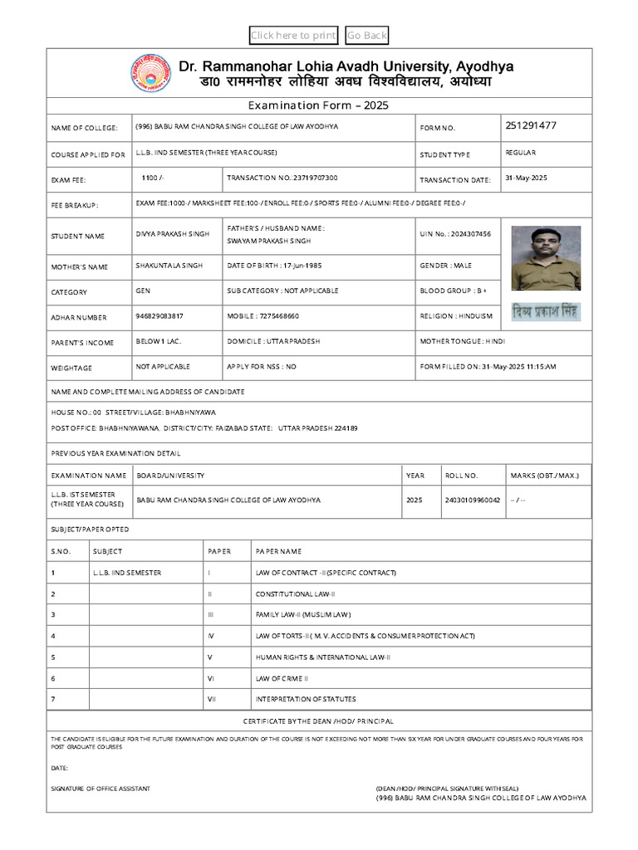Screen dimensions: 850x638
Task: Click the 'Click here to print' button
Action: tap(293, 35)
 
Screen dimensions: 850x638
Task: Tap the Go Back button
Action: tap(367, 35)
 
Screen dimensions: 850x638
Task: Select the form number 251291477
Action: tap(530, 126)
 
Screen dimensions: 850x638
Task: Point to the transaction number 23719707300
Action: tap(282, 178)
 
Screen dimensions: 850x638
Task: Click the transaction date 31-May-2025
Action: tap(526, 178)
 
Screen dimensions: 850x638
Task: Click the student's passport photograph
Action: tap(546, 257)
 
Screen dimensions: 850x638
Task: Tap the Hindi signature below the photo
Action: tap(546, 312)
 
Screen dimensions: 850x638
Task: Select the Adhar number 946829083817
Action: tap(159, 316)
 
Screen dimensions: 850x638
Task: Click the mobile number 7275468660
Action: tap(263, 316)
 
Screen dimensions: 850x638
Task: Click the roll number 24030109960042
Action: tap(473, 501)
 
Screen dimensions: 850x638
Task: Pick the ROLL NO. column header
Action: tap(462, 476)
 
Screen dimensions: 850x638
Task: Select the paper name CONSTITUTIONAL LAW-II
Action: tap(295, 594)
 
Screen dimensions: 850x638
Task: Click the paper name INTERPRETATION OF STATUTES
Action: tap(306, 699)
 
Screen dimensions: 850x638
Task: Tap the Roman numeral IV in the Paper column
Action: tap(211, 636)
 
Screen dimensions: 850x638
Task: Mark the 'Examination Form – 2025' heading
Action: tap(318, 105)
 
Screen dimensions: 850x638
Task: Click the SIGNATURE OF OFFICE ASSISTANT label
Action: tap(101, 788)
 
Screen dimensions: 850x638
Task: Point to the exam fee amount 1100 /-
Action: tap(152, 178)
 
